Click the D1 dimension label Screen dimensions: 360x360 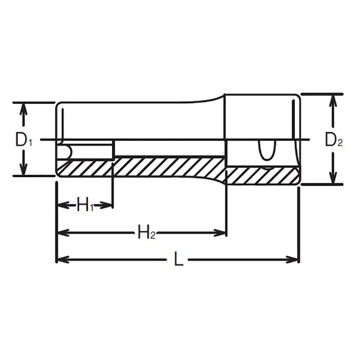23,140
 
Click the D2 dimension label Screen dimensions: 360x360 334,141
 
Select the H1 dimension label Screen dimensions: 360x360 85,206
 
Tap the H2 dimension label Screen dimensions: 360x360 146,233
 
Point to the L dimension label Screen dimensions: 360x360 179,260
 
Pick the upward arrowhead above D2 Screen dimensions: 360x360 333,100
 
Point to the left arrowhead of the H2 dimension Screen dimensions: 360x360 62,233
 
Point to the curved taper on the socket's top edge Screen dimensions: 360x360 211,99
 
